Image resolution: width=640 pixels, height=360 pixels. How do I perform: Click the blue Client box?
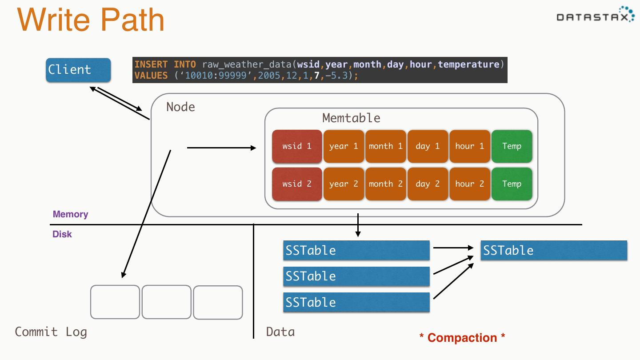78,70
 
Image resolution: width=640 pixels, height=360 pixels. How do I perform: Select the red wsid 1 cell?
297,146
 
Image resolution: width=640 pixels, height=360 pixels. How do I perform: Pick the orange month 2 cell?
385,184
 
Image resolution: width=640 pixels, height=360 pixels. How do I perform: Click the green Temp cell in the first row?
512,146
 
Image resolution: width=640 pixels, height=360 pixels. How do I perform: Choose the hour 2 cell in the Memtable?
469,184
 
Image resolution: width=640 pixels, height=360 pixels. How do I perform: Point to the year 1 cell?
344,146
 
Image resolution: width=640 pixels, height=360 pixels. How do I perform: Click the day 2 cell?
428,184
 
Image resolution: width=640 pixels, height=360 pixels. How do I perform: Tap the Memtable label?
351,118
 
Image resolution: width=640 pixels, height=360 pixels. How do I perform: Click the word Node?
180,107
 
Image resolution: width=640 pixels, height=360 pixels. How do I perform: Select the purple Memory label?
70,214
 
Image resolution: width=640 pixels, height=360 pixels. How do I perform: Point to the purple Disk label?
62,234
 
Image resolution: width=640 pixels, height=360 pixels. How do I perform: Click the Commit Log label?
51,332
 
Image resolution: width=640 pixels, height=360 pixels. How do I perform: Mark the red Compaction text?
462,338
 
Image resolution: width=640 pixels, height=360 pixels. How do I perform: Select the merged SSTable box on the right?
554,250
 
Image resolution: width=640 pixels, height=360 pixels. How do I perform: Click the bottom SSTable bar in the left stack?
356,302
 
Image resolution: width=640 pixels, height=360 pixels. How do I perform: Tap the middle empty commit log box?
167,302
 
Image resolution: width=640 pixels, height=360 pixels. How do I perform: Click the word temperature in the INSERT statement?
468,64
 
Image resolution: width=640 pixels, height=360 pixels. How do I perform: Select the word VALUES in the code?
151,76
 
